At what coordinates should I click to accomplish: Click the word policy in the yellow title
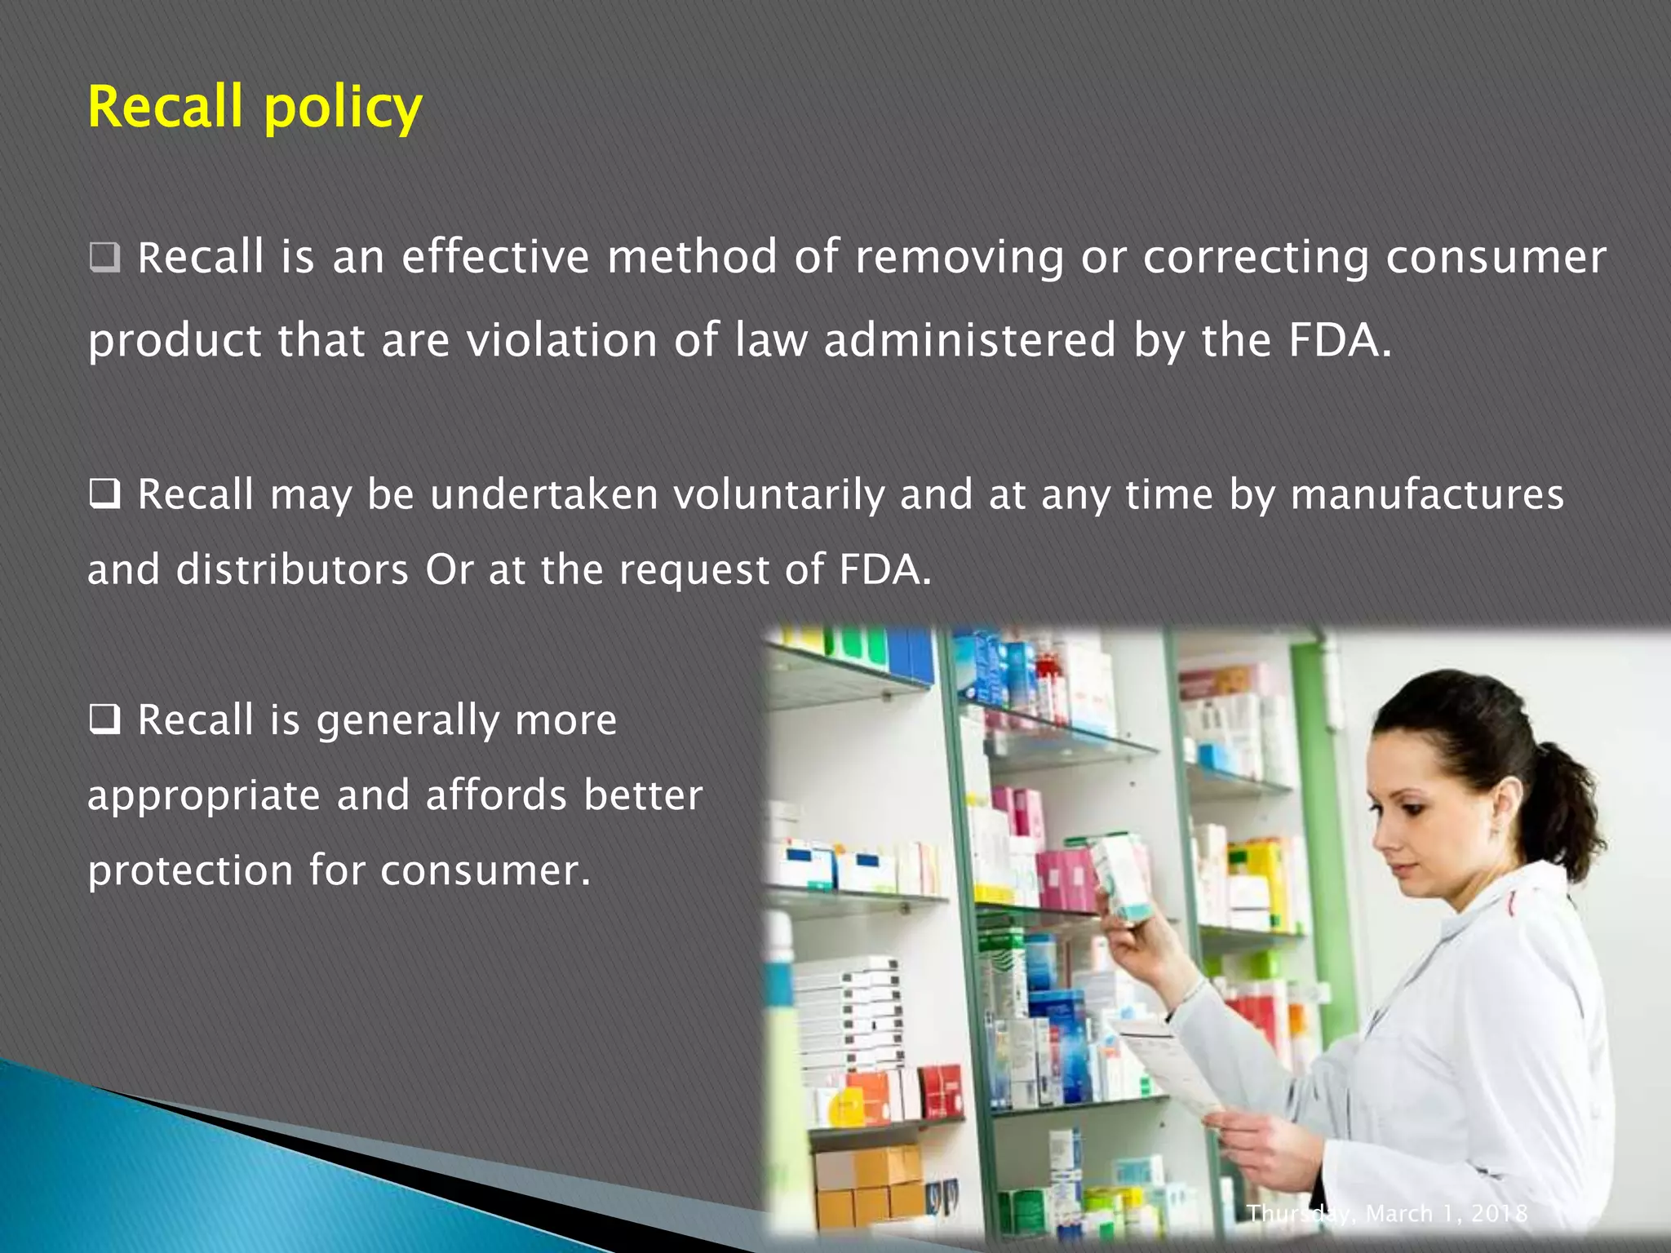pyautogui.click(x=343, y=109)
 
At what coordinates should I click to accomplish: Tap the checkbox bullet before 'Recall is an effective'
pyautogui.click(x=104, y=258)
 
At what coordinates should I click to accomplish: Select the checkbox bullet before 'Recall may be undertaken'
pyautogui.click(x=104, y=494)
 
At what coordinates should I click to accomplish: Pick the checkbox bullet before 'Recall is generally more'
pyautogui.click(x=104, y=719)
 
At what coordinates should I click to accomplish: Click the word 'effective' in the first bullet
pyautogui.click(x=495, y=257)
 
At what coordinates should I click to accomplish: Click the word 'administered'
pyautogui.click(x=969, y=340)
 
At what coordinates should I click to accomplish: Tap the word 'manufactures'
pyautogui.click(x=1427, y=495)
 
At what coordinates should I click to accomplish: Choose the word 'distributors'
pyautogui.click(x=293, y=569)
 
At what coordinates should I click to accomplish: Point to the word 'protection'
pyautogui.click(x=190, y=870)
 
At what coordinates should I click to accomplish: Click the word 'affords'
pyautogui.click(x=496, y=795)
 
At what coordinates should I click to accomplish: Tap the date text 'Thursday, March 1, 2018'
pyautogui.click(x=1386, y=1214)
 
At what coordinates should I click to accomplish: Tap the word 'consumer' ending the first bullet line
pyautogui.click(x=1496, y=257)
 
